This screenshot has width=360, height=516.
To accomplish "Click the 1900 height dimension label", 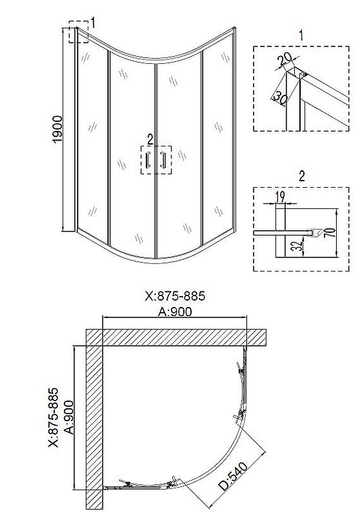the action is [57, 130].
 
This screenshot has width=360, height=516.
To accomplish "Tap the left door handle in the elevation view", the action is [148, 159].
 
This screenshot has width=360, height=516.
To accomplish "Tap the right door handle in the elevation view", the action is [163, 159].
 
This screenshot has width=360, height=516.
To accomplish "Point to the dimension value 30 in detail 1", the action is [280, 97].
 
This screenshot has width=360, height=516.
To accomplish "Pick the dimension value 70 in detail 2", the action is [332, 232].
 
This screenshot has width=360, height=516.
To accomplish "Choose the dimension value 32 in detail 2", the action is [297, 246].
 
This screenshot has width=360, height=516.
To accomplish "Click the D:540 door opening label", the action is [233, 476].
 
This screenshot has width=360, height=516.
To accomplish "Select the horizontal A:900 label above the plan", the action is [175, 312].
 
